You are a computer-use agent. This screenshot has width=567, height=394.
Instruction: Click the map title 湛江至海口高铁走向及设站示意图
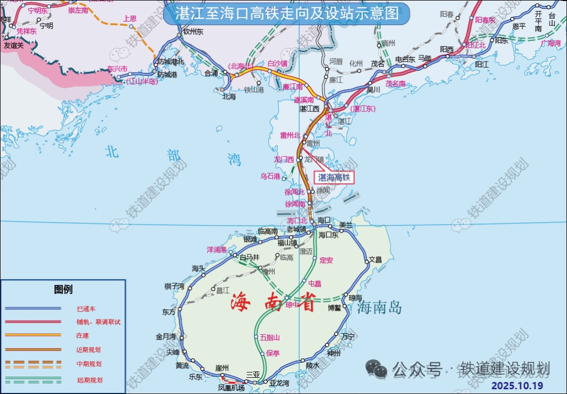[286, 13]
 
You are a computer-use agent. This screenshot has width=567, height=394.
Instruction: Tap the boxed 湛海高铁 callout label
[334, 177]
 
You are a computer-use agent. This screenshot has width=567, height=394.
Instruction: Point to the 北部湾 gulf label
[173, 155]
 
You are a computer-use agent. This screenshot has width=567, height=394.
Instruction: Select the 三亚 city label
[253, 374]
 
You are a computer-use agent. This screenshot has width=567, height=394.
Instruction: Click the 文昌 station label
[375, 259]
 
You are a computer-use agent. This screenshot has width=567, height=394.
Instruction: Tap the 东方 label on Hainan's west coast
[169, 312]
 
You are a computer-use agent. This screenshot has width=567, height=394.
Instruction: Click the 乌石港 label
[270, 176]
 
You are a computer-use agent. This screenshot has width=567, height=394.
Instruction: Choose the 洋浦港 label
[216, 249]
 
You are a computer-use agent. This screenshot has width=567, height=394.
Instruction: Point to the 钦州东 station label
[193, 31]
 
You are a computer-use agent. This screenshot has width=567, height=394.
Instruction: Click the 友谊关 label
[14, 46]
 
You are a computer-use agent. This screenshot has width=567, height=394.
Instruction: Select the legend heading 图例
[63, 290]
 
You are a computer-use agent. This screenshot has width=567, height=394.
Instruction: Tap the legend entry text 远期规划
[89, 380]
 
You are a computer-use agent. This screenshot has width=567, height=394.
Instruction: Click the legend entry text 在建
[82, 335]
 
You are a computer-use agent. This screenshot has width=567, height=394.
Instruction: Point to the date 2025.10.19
[518, 386]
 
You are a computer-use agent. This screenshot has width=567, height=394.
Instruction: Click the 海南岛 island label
[380, 307]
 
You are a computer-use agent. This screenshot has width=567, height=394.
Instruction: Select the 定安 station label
[326, 260]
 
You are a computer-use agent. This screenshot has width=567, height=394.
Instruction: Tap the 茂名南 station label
[395, 83]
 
